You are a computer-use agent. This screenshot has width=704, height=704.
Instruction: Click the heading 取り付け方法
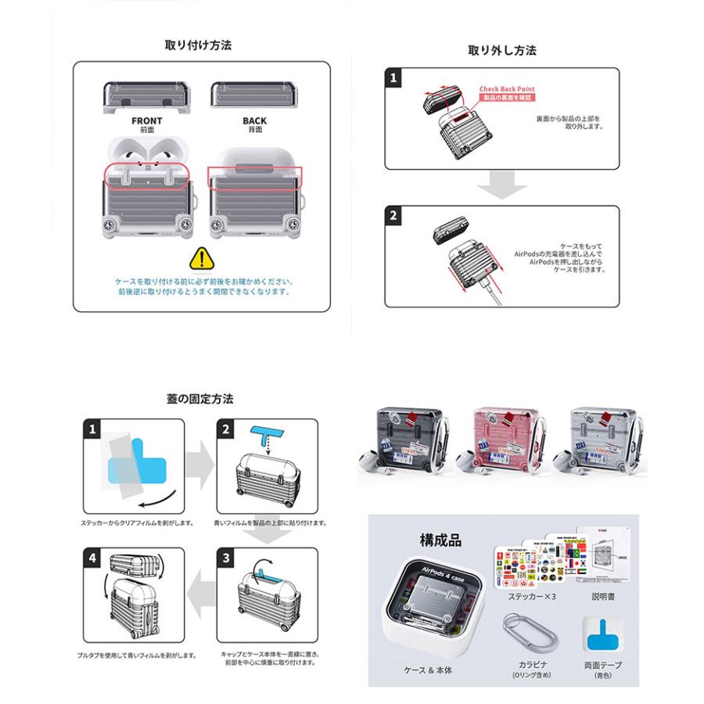point(198,45)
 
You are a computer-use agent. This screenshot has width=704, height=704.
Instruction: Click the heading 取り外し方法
point(501,51)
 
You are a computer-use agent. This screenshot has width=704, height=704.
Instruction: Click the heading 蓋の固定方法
point(199,399)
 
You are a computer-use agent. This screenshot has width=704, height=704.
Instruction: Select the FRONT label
point(147,120)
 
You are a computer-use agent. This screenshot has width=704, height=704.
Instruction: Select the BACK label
point(254,120)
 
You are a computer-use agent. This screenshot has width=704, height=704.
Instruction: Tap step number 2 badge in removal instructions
point(394,216)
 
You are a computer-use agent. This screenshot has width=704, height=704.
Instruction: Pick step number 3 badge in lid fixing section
point(226,559)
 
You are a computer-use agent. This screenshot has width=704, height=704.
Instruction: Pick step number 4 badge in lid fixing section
point(94,559)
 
